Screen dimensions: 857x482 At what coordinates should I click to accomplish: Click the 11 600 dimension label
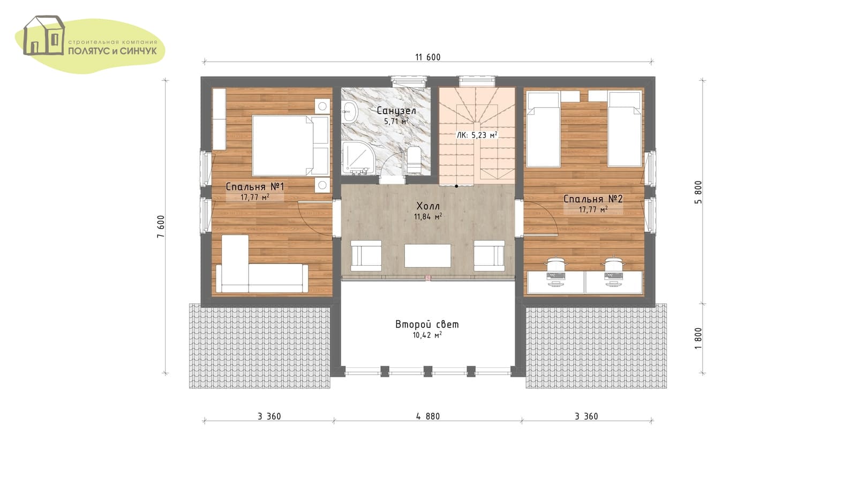click(428, 57)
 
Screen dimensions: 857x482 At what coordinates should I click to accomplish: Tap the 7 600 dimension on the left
click(161, 227)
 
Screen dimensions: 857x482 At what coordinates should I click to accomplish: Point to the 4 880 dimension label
click(428, 416)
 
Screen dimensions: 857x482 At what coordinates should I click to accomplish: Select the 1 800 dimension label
click(698, 338)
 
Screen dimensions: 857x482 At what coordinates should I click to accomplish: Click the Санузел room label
click(396, 110)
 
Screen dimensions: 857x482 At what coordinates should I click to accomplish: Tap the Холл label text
click(428, 206)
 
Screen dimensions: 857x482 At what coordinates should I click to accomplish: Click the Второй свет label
click(427, 325)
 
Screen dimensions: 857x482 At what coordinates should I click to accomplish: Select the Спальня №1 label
click(255, 187)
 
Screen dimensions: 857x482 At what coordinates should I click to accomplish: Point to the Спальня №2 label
click(593, 199)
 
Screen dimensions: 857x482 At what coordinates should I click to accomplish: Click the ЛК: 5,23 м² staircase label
click(477, 135)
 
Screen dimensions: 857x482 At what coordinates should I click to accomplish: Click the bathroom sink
click(349, 112)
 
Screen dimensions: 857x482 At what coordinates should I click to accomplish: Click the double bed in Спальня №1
click(290, 145)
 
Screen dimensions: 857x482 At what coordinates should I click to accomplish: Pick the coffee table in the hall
click(427, 255)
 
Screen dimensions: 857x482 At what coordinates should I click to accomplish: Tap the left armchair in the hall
click(366, 255)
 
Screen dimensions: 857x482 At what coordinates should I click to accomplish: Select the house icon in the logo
click(44, 35)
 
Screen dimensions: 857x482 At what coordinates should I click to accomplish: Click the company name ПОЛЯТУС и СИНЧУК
click(112, 51)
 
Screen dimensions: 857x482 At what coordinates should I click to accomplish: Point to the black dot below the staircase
click(456, 186)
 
